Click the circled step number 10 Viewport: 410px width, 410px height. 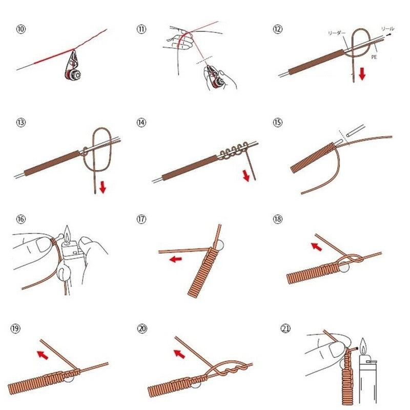21,29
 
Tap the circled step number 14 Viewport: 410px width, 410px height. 142,122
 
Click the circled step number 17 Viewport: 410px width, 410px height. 142,220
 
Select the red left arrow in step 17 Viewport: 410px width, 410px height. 175,259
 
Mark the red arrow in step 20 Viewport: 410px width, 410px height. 180,353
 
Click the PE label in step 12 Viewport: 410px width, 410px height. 374,58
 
